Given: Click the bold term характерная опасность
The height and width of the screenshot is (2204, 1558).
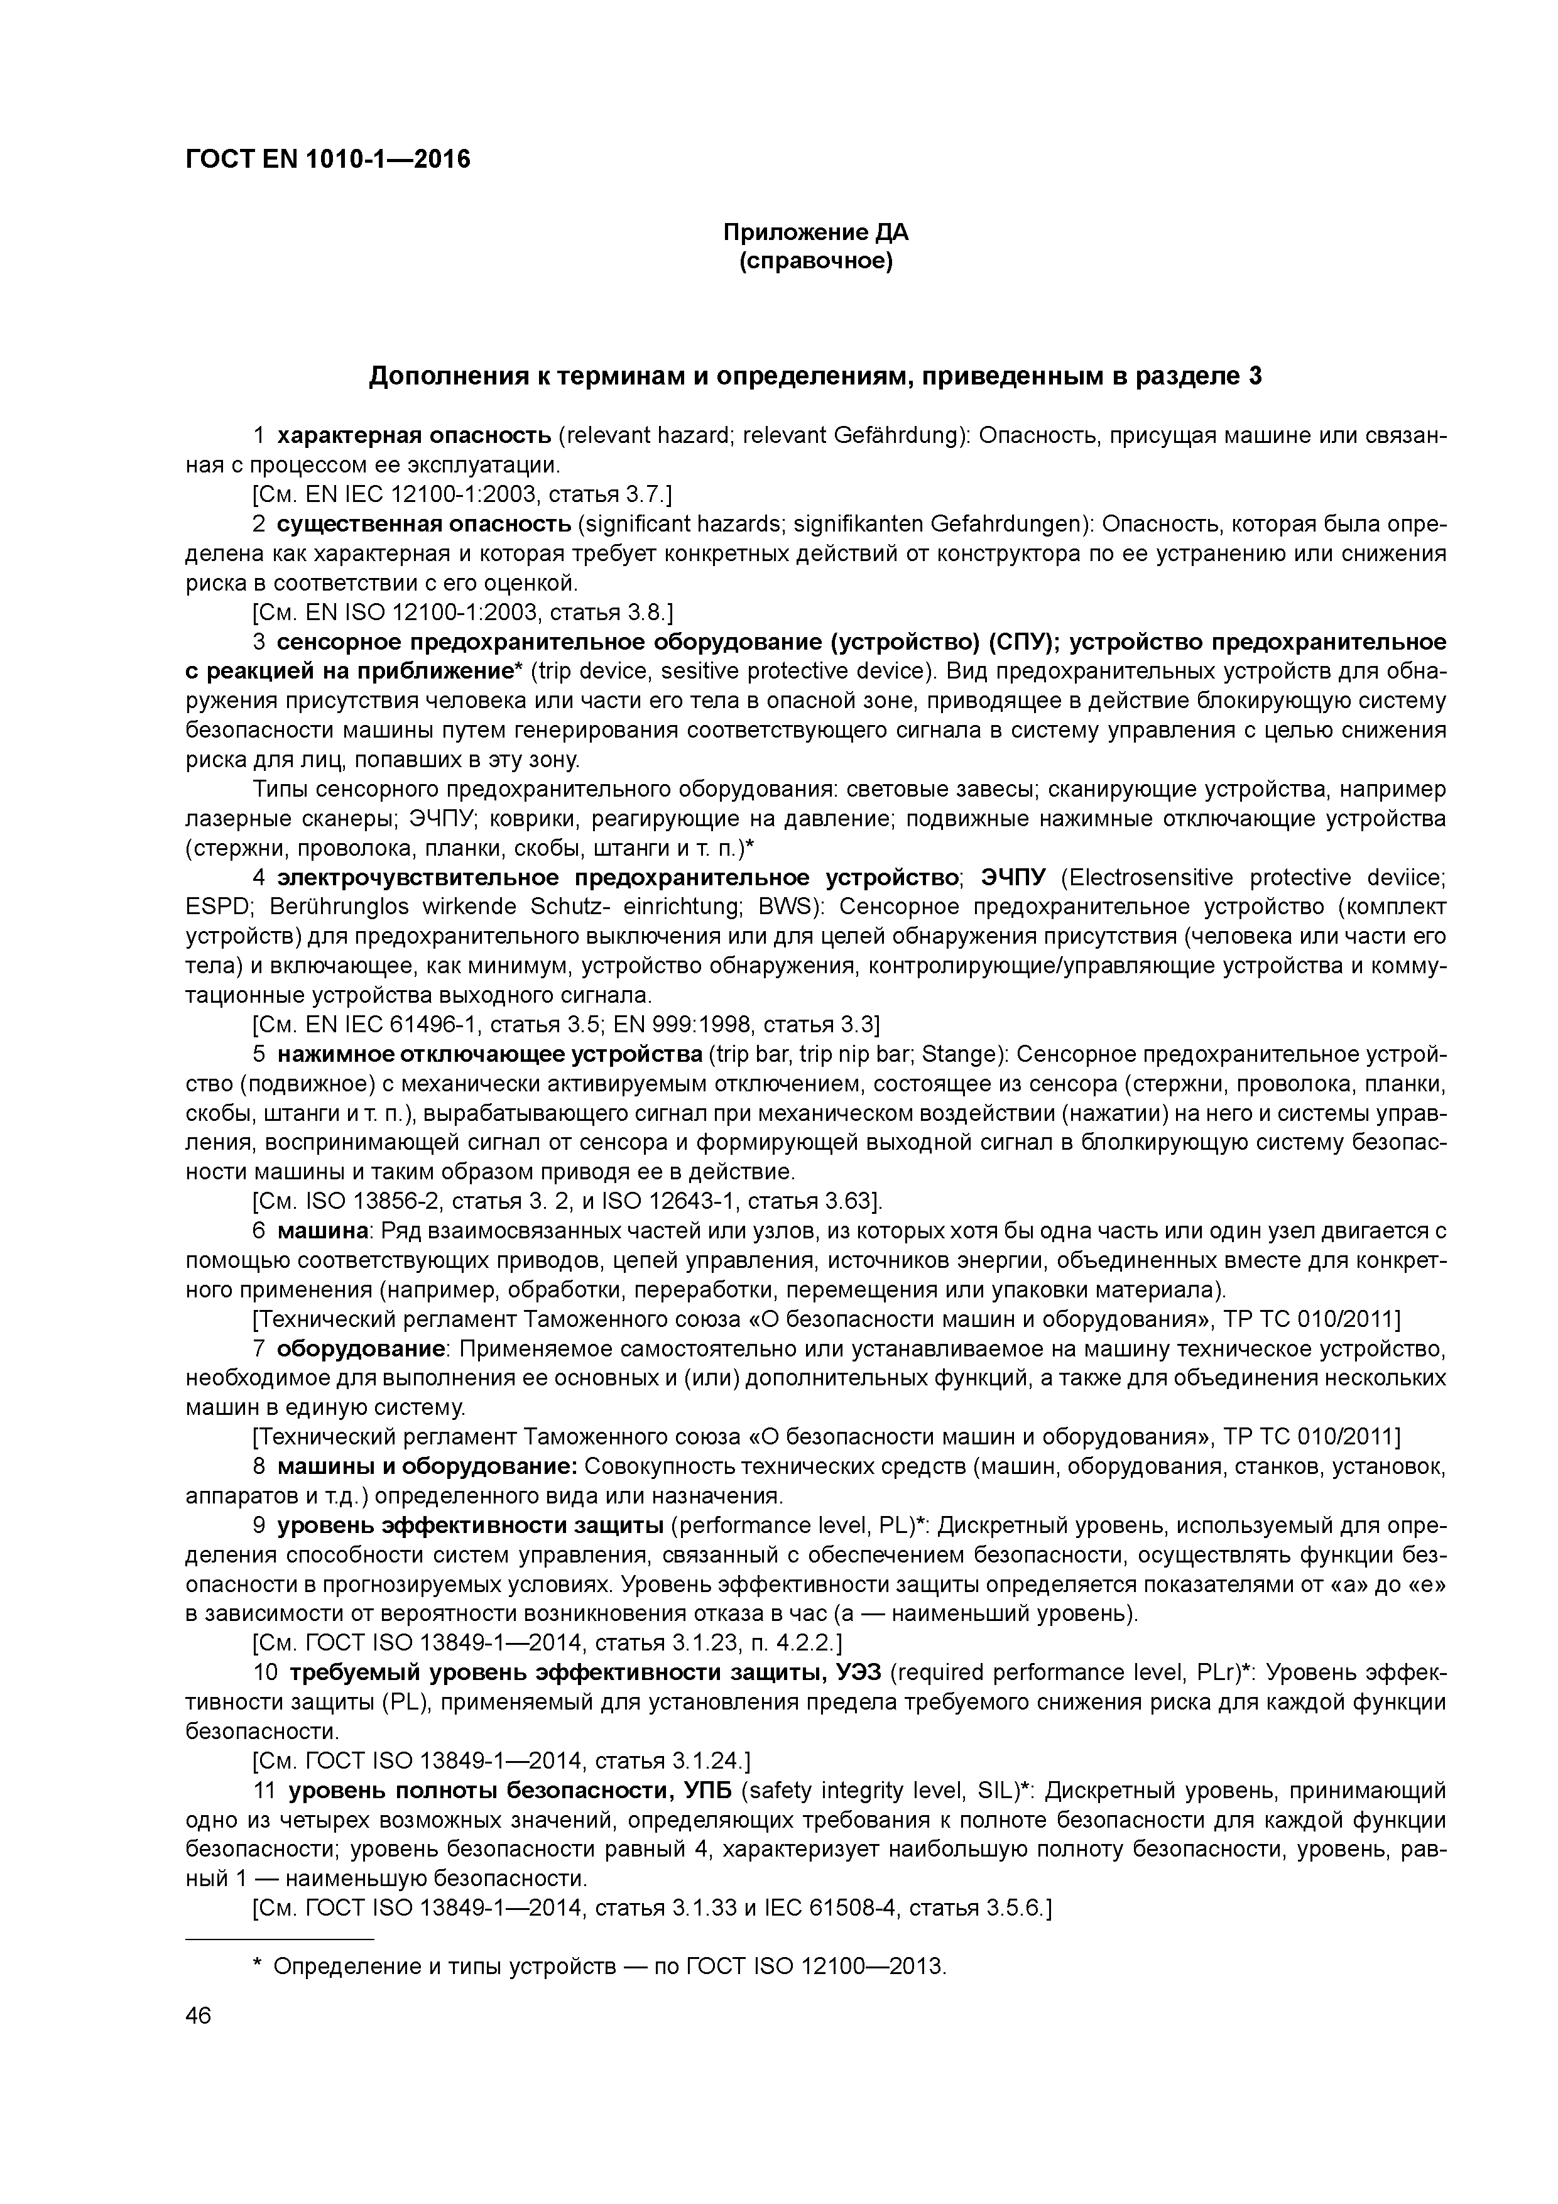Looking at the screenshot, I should click(x=414, y=436).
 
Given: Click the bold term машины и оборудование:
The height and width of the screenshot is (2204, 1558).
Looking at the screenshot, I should click(x=426, y=1468).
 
